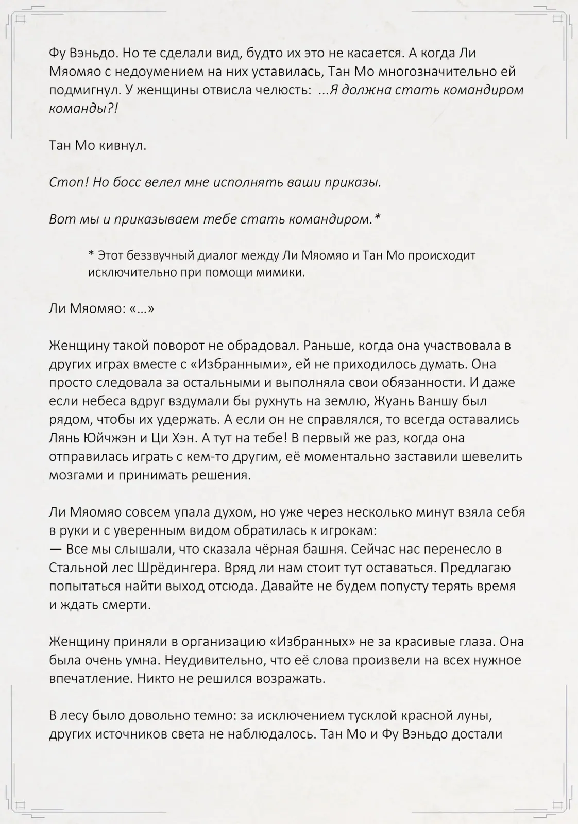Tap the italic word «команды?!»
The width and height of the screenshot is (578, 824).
tap(83, 109)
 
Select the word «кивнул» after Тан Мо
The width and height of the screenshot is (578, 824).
tap(123, 146)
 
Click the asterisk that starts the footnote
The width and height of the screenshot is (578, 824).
tap(91, 254)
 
